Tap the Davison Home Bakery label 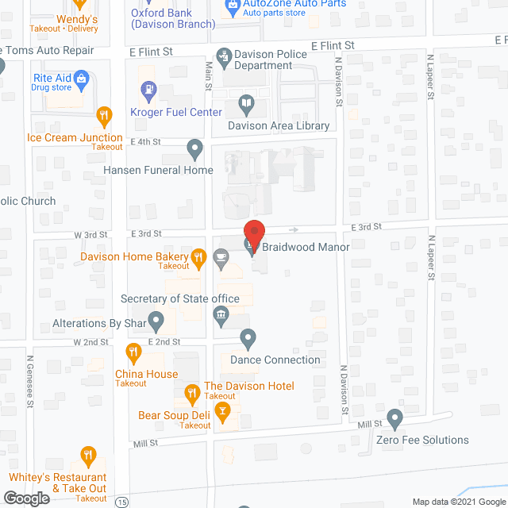coord(134,256)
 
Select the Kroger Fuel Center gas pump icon coord(147,89)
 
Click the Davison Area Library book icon coord(247,103)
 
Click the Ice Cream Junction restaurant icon coord(103,117)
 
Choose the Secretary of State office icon coord(221,317)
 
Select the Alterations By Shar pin coord(156,322)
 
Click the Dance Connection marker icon coord(248,339)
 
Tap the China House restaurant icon coord(134,352)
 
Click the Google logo coord(25,498)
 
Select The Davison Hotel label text coord(249,386)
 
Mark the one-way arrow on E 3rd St coord(294,229)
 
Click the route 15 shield coord(121,502)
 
